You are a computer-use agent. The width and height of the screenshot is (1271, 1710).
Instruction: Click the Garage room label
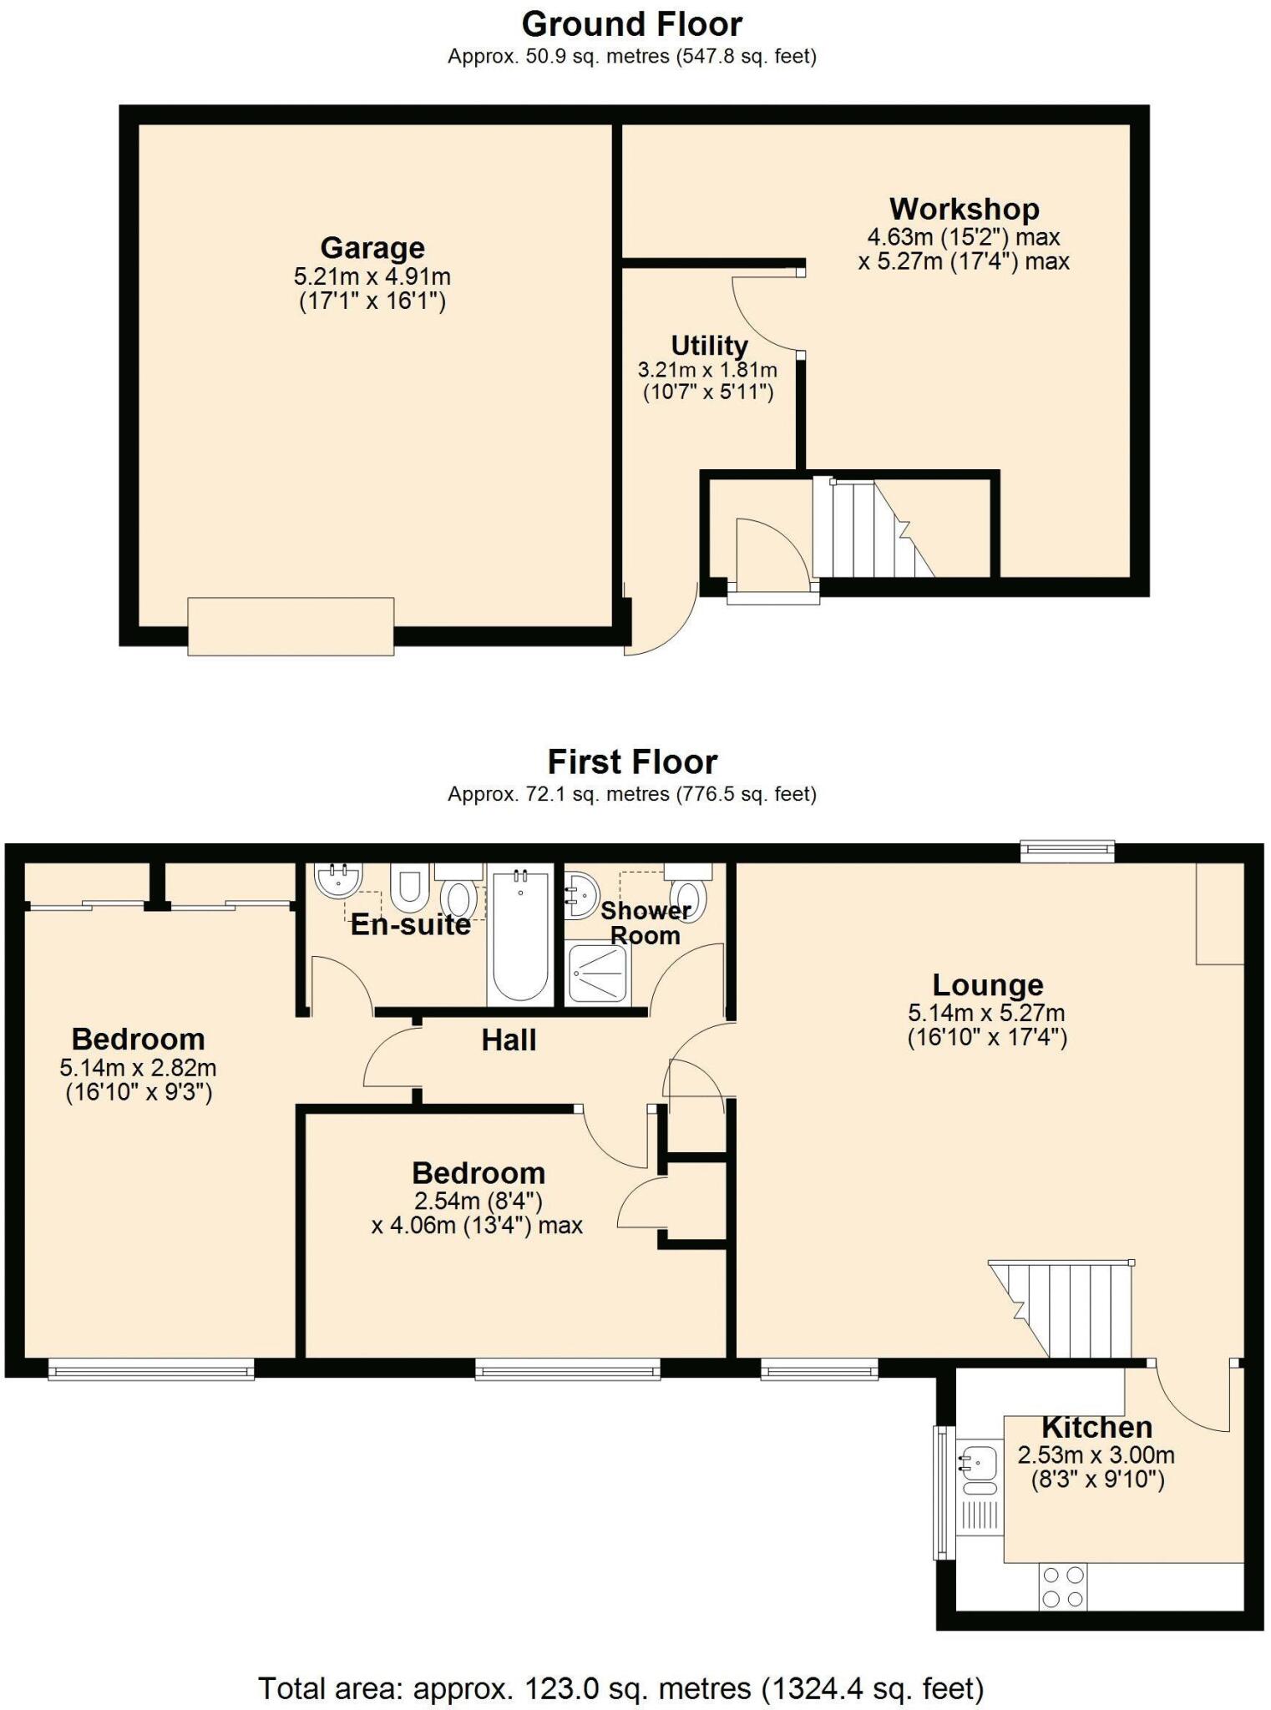(x=372, y=248)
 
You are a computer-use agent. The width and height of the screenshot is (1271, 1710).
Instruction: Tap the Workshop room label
(x=964, y=209)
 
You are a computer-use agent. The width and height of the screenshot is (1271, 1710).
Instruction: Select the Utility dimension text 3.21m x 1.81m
(x=707, y=370)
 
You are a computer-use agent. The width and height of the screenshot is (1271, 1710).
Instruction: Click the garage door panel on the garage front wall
(x=291, y=626)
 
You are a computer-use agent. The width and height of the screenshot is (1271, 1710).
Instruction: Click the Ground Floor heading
(x=632, y=25)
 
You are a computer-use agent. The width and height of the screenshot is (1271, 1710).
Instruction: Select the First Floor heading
(x=632, y=762)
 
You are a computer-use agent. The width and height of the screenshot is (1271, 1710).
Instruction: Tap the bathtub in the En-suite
(x=520, y=935)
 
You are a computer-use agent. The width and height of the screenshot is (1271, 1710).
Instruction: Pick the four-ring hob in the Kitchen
(x=1063, y=1587)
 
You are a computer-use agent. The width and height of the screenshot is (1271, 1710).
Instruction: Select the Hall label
(x=509, y=1040)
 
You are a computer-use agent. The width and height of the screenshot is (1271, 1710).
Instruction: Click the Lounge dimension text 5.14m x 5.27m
(x=987, y=1014)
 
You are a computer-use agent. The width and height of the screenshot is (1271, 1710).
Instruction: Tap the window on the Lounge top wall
(x=1067, y=852)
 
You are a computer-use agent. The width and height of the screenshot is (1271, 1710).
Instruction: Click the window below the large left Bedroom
(x=151, y=1369)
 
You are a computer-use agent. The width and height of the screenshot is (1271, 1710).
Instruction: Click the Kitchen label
(x=1096, y=1427)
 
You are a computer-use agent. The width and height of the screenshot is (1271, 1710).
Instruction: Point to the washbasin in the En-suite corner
(x=338, y=879)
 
